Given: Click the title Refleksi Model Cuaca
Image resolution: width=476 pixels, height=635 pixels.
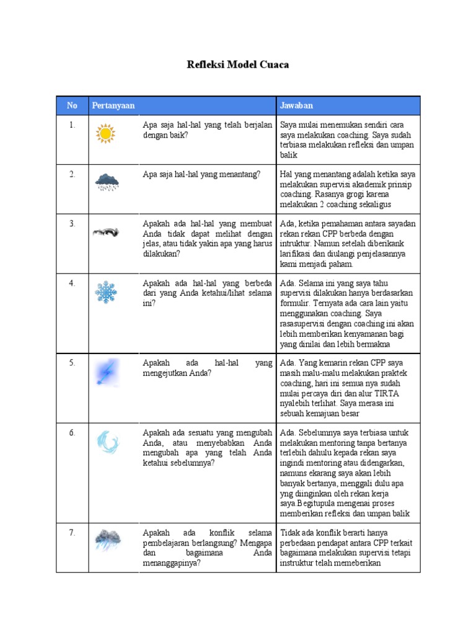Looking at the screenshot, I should tap(238, 64).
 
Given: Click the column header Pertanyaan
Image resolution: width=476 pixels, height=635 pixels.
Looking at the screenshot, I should tap(113, 105).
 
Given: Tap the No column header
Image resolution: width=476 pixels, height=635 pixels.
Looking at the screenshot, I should tap(73, 105).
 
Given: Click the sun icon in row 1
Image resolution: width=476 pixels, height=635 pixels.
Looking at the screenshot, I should tap(106, 134).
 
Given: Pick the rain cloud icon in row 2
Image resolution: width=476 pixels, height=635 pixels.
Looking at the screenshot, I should tap(107, 182).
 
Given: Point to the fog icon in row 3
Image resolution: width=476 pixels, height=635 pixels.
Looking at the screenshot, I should tap(106, 233).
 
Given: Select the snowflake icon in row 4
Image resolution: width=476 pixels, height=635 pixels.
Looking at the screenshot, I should tap(106, 292).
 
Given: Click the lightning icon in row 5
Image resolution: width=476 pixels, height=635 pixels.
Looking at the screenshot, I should tap(106, 373).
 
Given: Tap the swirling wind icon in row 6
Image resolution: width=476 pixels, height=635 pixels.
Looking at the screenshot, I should tap(107, 443).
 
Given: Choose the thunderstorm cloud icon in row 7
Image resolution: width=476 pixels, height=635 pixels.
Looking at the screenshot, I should tap(107, 540).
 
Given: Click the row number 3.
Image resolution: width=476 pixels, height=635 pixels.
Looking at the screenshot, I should tap(73, 224).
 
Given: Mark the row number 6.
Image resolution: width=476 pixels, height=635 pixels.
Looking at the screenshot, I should tap(73, 433).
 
